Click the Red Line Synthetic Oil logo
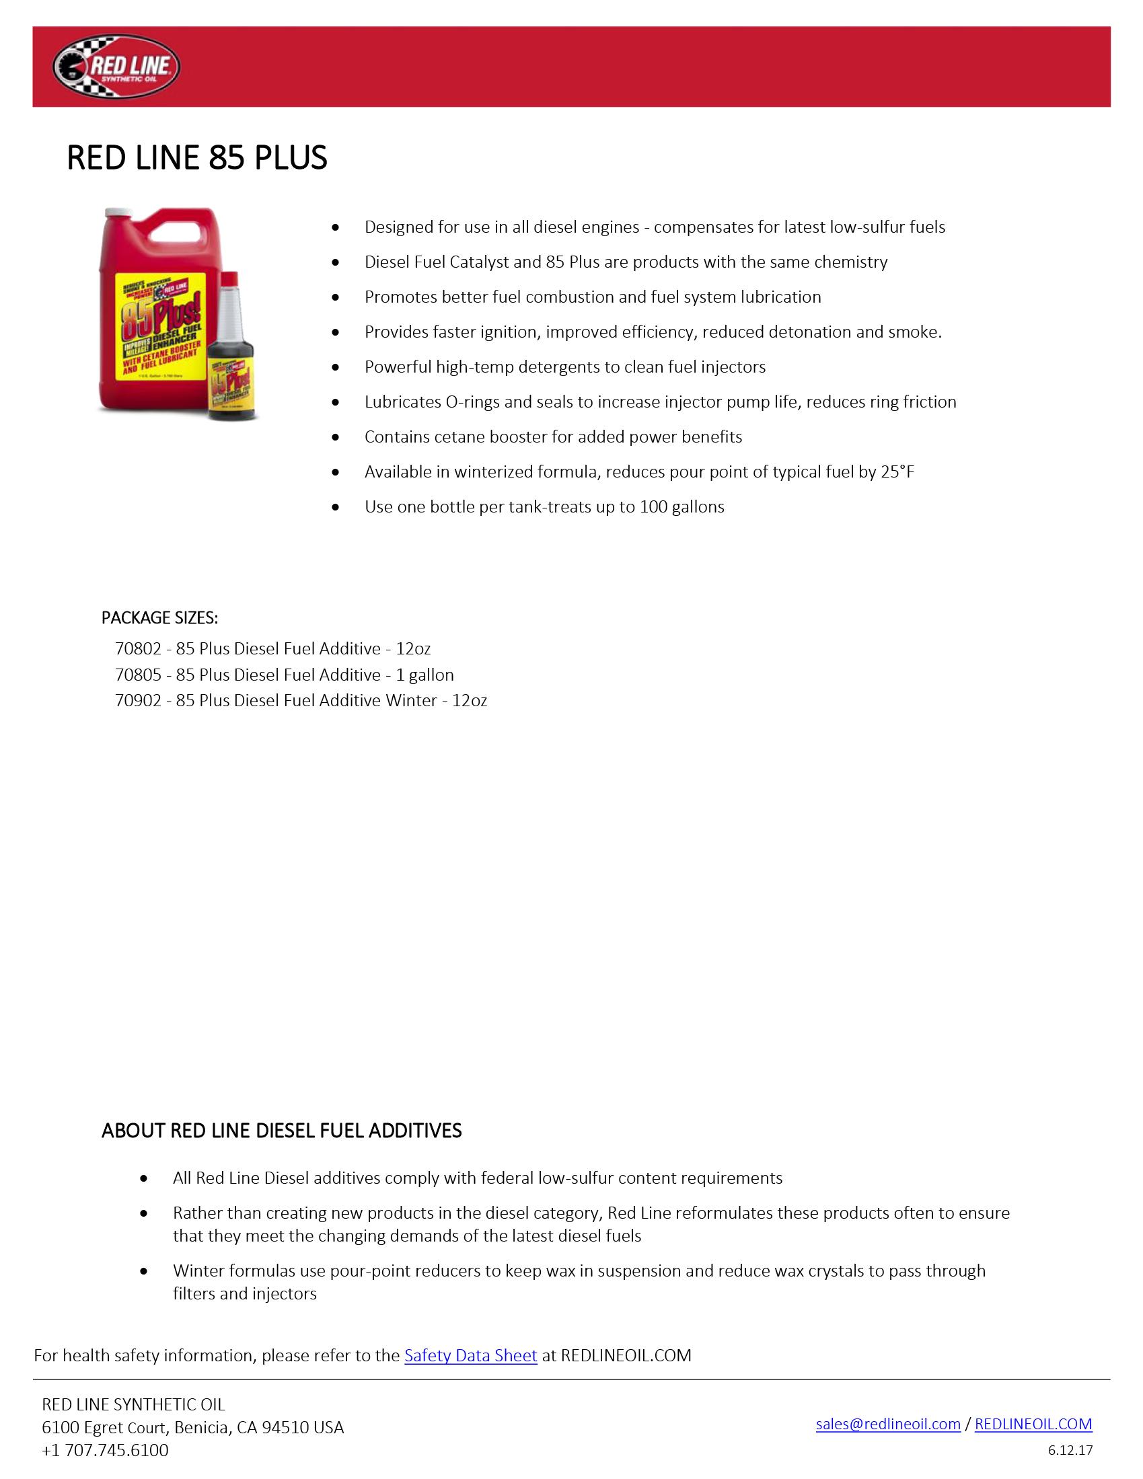click(116, 67)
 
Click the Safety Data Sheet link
click(470, 1355)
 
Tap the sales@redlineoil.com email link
click(887, 1423)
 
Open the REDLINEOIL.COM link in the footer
click(1033, 1423)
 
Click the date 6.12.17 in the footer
click(1070, 1450)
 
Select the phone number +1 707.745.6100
click(105, 1450)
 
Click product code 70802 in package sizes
click(138, 649)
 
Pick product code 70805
click(138, 675)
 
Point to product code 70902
click(138, 700)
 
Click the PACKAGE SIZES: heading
click(160, 617)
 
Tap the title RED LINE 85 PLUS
click(197, 157)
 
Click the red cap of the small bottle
click(230, 278)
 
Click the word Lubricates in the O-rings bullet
click(402, 402)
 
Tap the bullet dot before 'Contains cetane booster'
click(336, 437)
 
